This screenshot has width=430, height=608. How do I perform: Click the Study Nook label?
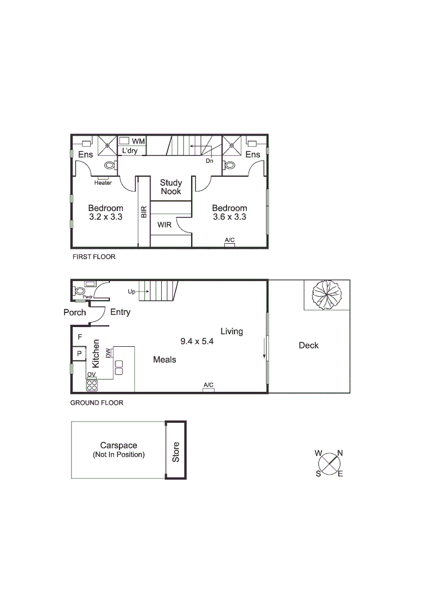170,187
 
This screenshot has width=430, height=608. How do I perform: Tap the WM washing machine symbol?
125,140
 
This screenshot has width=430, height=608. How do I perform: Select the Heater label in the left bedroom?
103,182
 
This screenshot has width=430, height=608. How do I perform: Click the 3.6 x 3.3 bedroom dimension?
229,217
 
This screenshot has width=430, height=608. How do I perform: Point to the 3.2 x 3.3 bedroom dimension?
105,217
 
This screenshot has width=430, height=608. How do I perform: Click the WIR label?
164,224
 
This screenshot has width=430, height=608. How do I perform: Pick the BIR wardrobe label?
144,212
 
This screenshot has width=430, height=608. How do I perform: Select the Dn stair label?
209,160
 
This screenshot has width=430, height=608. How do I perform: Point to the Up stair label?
132,292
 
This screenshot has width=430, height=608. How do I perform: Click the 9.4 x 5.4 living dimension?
197,341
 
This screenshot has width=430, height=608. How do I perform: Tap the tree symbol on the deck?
326,294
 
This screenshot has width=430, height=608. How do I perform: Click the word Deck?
308,346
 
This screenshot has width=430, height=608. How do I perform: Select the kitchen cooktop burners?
92,386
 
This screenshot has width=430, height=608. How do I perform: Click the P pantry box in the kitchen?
79,354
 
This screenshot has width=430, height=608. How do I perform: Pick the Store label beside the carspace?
175,452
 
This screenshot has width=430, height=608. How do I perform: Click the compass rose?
329,463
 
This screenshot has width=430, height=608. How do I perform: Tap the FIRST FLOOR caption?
94,257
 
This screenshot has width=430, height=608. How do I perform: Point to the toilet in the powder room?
80,292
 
